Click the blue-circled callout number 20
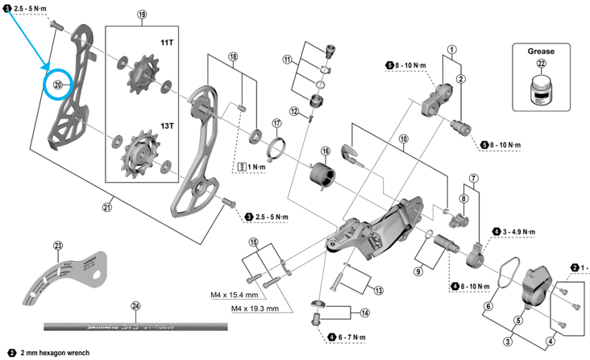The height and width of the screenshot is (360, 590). [58, 84]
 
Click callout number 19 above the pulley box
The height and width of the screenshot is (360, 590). [143, 15]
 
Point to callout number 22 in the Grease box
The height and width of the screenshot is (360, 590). [541, 64]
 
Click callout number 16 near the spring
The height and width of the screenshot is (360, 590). [325, 151]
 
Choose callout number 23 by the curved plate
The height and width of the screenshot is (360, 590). [58, 245]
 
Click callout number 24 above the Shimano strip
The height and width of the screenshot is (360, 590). [135, 305]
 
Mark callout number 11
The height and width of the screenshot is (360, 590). [287, 59]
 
